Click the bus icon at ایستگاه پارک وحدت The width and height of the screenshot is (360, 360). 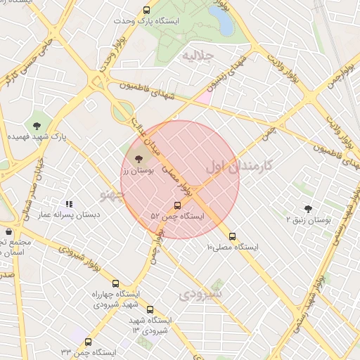pos(146,10)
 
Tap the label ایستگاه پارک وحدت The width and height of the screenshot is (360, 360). pos(146,21)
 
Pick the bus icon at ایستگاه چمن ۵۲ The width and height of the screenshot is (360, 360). pos(176,205)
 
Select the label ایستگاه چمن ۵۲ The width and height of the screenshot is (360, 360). pos(177,217)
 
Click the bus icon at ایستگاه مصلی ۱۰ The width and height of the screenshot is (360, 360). pos(233,236)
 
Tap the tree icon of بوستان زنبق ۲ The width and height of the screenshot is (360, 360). pos(308,208)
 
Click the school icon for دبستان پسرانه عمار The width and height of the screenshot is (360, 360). pos(69,204)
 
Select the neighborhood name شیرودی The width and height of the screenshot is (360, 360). pos(202,292)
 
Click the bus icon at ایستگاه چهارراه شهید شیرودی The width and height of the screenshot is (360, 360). pos(96,283)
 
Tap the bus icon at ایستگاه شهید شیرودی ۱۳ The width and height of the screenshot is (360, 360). pos(149,309)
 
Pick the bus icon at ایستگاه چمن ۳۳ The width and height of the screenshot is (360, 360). pos(88,342)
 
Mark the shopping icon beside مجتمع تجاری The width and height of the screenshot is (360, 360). pos(8,231)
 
